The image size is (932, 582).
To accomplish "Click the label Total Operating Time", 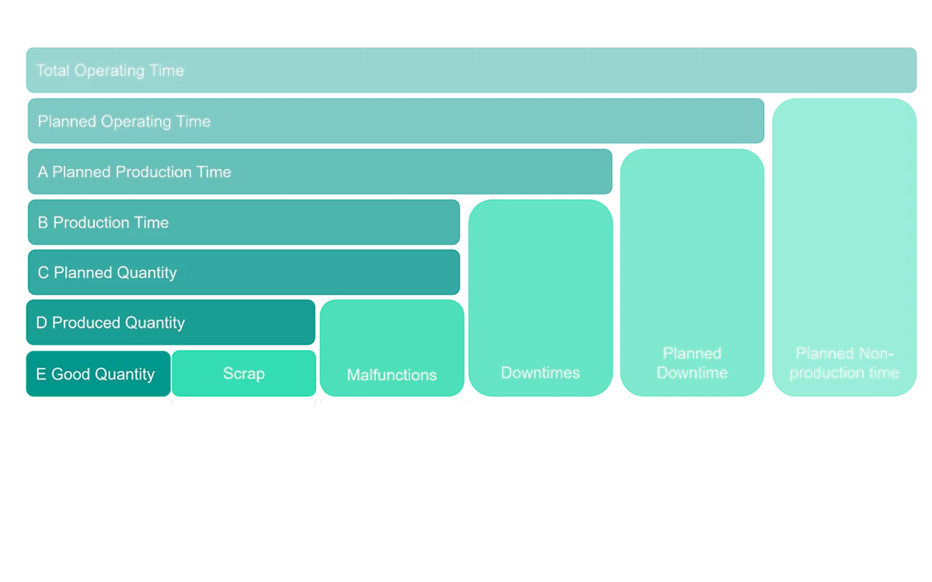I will (x=110, y=71).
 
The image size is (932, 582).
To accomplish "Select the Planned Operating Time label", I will (x=123, y=122).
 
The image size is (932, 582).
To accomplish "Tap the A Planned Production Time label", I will (x=134, y=172).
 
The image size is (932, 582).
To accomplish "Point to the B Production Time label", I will (x=103, y=223).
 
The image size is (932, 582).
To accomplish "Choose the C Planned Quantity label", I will (x=107, y=273).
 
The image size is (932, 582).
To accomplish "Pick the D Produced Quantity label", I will (x=110, y=323).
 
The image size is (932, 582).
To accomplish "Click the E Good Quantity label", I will (x=96, y=374).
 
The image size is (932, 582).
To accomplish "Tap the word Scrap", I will (x=244, y=373).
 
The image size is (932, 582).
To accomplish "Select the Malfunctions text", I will (x=391, y=375).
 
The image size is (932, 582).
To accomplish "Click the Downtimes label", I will (x=541, y=372).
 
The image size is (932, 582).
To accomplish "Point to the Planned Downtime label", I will (x=692, y=363).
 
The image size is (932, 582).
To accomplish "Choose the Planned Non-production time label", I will (x=844, y=363).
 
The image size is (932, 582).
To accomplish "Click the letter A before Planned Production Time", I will (x=43, y=172).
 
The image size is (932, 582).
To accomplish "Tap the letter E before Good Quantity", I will (x=41, y=374).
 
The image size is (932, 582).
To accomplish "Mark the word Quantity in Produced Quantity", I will (x=153, y=323).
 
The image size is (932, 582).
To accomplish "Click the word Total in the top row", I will (x=53, y=71).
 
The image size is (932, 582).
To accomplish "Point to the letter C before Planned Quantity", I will (x=43, y=273).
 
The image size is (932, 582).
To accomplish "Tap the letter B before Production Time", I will (x=43, y=223).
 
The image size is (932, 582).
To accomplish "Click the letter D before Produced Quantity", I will (x=42, y=323).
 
